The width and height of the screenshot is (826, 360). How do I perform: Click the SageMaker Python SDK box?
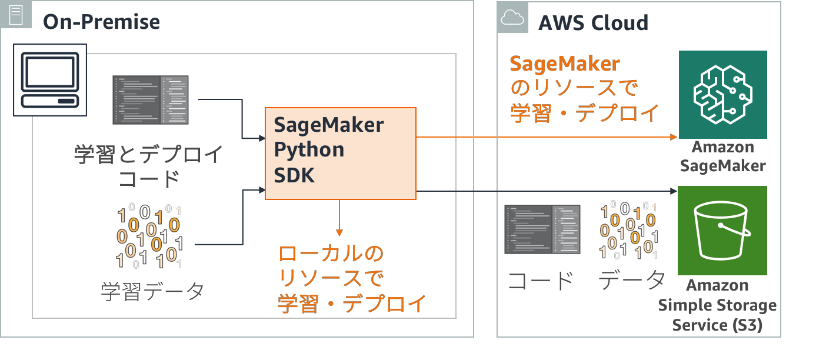[x=340, y=153]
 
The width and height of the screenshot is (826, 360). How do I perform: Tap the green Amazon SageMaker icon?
[x=723, y=94]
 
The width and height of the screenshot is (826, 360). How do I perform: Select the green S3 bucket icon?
[x=722, y=231]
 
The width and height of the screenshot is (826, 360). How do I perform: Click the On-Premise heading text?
[x=101, y=22]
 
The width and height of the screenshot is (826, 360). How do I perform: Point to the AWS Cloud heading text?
[x=593, y=23]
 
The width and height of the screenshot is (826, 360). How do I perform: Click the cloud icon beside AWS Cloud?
[x=512, y=18]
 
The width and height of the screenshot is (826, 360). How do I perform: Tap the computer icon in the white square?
[x=50, y=79]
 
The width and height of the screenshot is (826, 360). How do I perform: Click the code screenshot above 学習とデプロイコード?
[x=151, y=99]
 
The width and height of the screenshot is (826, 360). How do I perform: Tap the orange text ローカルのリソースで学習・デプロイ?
[x=351, y=279]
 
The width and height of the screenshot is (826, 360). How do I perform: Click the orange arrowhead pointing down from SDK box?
[x=339, y=232]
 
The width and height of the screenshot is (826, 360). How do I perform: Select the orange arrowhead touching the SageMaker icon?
[x=674, y=136]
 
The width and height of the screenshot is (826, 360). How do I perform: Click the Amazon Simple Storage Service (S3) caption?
[x=717, y=305]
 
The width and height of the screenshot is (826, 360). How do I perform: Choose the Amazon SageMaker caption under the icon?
[x=723, y=156]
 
